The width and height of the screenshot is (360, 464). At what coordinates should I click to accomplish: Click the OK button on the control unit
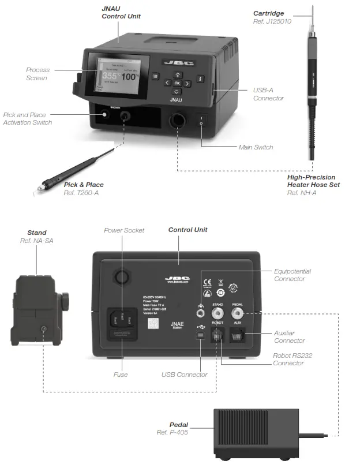pos(178,83)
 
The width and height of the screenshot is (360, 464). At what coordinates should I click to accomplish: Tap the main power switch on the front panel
pos(201,121)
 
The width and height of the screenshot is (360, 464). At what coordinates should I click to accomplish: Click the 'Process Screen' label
pos(37,74)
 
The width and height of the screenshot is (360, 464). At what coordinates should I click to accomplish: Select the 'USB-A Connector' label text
pos(268,94)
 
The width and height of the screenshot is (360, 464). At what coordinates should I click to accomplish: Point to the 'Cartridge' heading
pos(269,13)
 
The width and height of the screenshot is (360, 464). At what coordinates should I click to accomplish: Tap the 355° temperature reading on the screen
pos(112,76)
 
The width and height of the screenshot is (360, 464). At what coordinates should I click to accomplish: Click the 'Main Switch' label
pos(256,147)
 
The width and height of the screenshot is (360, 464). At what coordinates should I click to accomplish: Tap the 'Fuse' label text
pos(121,375)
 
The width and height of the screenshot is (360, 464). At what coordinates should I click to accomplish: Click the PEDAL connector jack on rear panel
pos(237,313)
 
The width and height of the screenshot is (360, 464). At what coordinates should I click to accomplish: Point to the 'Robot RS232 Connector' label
pos(292,359)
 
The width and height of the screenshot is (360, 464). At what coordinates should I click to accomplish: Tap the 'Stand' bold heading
pos(37,233)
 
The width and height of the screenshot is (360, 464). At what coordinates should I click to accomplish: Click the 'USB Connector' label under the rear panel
pos(184,375)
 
